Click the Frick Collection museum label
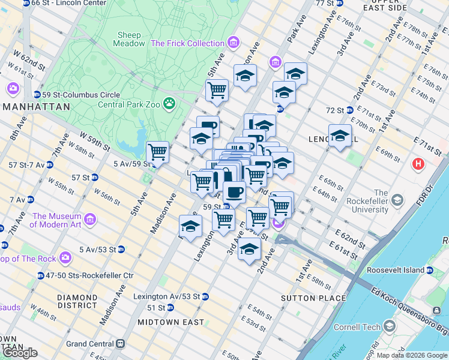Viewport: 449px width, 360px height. point(187,43)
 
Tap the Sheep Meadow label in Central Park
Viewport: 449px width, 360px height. point(130,39)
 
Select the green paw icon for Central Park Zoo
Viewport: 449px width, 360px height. point(170,103)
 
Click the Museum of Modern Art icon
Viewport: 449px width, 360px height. point(90,220)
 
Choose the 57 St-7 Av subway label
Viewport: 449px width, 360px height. point(24,164)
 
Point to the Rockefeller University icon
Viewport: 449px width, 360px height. point(396,199)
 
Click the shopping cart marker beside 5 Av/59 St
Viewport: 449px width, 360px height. point(157,152)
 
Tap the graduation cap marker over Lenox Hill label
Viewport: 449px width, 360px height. point(340,135)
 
